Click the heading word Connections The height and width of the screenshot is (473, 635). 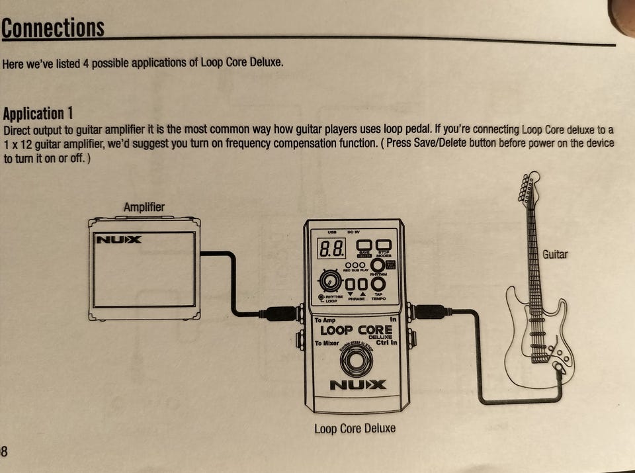click(53, 28)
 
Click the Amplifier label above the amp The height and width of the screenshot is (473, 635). click(144, 207)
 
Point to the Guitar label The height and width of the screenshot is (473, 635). click(555, 254)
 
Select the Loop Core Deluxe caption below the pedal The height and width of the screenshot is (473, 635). click(355, 428)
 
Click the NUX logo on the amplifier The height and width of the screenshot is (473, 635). click(119, 239)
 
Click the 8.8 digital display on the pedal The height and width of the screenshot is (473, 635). click(330, 249)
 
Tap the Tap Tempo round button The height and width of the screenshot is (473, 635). click(378, 284)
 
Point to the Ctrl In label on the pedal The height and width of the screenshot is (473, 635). click(386, 342)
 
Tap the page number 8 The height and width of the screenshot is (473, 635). click(4, 451)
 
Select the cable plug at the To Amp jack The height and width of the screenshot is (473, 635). click(281, 313)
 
